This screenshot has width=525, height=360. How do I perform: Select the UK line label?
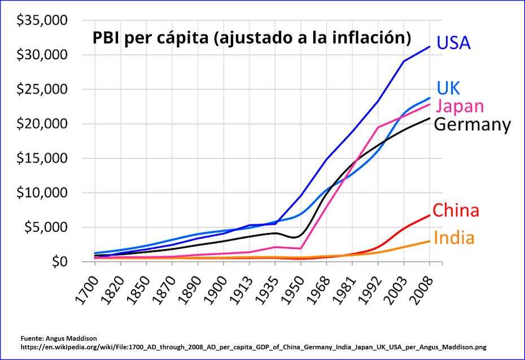coord(448,87)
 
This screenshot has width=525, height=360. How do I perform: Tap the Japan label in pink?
coord(460,106)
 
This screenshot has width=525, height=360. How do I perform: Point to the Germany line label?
coord(472,125)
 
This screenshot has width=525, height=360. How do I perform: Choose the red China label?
coord(456,210)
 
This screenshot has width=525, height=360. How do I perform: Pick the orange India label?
coord(454,238)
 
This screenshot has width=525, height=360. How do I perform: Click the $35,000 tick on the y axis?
coord(42,21)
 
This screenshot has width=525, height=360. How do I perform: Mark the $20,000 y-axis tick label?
coord(42,124)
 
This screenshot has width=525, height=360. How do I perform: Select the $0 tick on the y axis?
coord(55,262)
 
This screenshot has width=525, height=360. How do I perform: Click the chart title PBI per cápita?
coord(251,38)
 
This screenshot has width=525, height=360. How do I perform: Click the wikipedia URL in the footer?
coord(253,347)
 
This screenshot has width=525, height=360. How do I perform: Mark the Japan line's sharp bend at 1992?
coord(378,128)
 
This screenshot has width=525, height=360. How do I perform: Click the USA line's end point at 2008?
coord(430,47)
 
